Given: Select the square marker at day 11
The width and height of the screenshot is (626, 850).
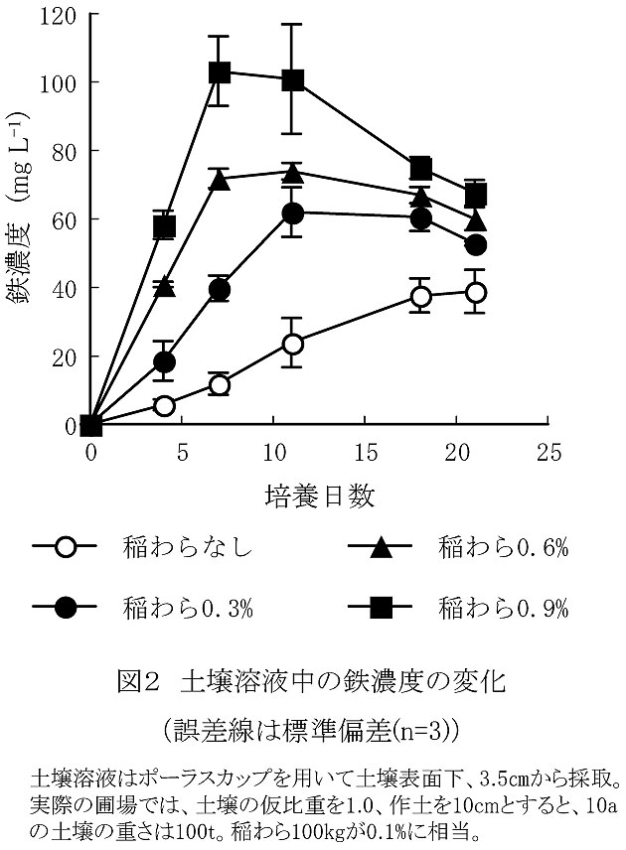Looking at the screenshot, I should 292,79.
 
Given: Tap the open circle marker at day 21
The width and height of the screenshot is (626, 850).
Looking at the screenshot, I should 475,292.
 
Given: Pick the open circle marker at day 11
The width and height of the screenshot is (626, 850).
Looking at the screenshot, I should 292,344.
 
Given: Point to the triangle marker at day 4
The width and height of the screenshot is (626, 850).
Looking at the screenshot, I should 164,286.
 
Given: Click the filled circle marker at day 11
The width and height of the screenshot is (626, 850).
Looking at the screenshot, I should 292,213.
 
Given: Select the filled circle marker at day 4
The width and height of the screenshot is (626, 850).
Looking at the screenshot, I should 164,361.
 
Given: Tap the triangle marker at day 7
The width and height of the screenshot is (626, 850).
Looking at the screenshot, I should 220,180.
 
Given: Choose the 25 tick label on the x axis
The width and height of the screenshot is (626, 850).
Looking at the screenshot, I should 548,451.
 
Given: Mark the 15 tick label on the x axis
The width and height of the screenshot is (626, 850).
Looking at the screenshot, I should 366,451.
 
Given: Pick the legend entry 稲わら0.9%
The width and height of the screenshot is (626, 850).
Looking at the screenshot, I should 505,608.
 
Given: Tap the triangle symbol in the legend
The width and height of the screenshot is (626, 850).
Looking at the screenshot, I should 382,547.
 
